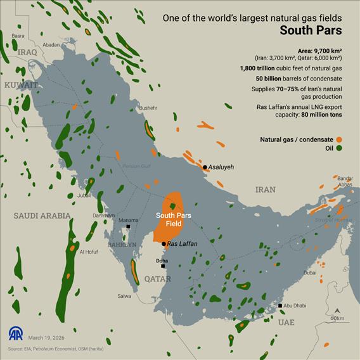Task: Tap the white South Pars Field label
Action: point(169,219)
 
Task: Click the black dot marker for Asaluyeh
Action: point(205,167)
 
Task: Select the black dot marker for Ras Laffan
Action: point(164,243)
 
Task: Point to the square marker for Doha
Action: point(163,266)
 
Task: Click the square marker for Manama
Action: point(129,227)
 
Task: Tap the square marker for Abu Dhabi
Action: point(280,306)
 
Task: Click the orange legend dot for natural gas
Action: point(340,139)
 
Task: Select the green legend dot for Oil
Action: point(340,148)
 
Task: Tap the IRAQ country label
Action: point(29,52)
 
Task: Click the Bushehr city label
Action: point(148,108)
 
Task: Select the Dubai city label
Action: point(310,273)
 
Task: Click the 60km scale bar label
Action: point(338,318)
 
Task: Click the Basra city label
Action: point(18,36)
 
